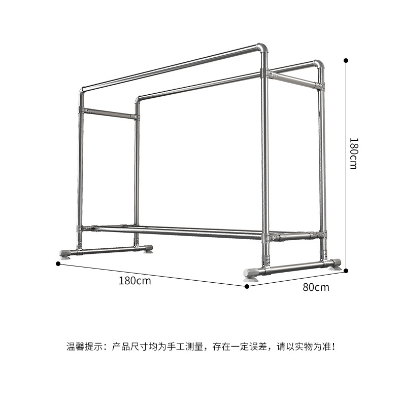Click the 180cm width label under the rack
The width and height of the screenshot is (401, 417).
pos(135,280)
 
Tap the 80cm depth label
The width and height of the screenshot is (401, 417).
pos(316,287)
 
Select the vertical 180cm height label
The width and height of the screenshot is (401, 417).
pos(353,153)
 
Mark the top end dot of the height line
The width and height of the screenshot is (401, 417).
pos(346,60)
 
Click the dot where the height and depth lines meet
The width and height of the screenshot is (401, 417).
pos(346,271)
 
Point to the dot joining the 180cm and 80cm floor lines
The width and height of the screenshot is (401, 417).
pos(247,286)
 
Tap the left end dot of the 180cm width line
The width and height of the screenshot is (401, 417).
pos(58,263)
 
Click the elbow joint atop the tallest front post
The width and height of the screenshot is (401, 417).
pos(262,49)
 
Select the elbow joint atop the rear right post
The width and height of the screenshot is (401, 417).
pos(319,64)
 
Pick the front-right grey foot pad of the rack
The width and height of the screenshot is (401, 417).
pos(251,274)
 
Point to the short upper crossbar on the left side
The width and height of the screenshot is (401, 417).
pos(109,113)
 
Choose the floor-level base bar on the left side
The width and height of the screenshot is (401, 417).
pos(108,250)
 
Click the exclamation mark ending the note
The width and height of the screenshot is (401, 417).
pos(332,347)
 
